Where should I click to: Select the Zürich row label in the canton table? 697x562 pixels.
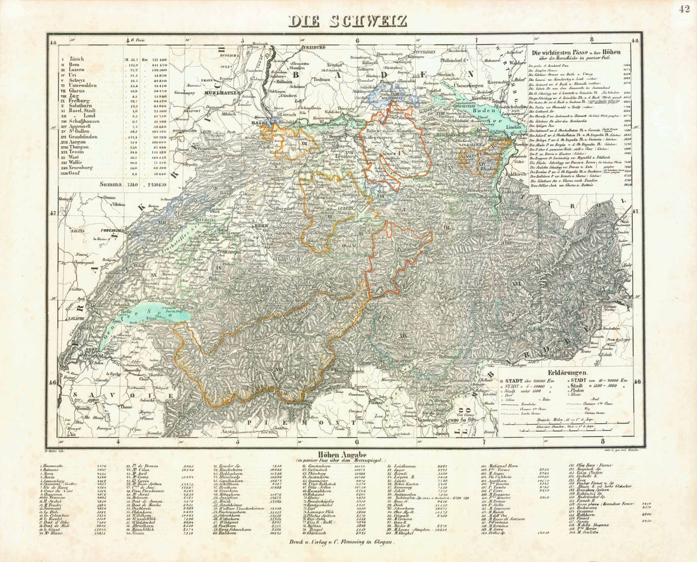[76, 59]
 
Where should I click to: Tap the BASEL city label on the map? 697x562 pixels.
[258, 123]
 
